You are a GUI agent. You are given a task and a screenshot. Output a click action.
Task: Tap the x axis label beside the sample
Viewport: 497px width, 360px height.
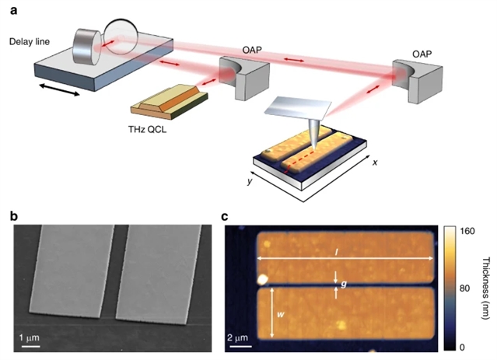375,163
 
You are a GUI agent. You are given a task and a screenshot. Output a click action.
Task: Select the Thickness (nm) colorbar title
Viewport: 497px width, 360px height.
486,288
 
